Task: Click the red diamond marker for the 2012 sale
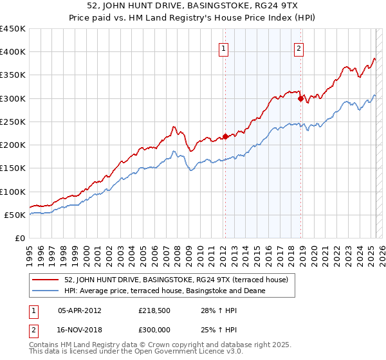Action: [x=225, y=136]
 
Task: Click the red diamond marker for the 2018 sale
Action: [x=300, y=98]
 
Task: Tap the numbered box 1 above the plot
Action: [x=223, y=47]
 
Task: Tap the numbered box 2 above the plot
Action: [x=300, y=47]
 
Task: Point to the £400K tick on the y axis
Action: [x=13, y=52]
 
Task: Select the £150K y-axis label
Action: [x=13, y=168]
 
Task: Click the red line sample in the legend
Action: [x=46, y=280]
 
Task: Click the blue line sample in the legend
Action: [x=46, y=291]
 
